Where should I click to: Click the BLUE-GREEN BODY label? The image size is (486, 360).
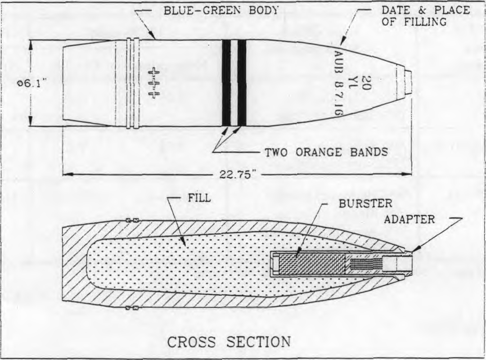point(220,10)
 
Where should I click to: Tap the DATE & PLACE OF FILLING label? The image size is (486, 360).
point(426,16)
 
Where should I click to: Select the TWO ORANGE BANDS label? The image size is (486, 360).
point(326,152)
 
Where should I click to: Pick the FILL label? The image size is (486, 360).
point(199,198)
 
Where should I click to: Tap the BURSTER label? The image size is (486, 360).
point(365,204)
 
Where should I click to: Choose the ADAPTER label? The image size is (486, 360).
point(409,219)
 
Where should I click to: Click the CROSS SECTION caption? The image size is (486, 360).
point(229,342)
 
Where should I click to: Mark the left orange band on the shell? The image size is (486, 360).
point(226,83)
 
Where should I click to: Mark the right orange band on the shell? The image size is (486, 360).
point(242,83)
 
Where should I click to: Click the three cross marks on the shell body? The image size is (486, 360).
point(153,83)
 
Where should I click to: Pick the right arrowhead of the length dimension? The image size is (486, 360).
point(407,174)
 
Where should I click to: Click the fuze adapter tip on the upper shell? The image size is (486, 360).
point(408,82)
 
